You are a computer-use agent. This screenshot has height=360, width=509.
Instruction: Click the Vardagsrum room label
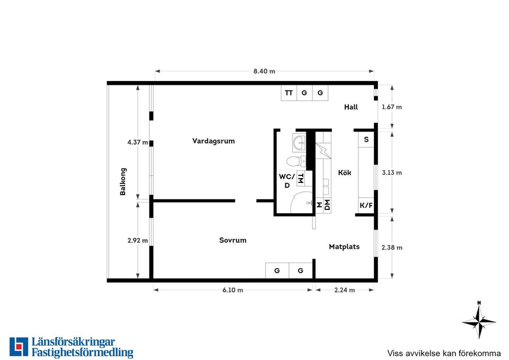tap(213, 141)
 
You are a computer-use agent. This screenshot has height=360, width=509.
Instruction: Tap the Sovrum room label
tap(233, 240)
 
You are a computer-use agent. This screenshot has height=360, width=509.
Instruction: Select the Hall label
tap(351, 107)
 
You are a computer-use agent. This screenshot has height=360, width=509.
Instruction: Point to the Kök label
tap(345, 172)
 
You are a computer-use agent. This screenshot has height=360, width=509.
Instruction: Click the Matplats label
tap(344, 247)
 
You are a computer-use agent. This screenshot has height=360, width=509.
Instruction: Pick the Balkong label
tap(122, 181)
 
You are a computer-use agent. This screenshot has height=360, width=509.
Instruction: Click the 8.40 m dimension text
tap(264, 71)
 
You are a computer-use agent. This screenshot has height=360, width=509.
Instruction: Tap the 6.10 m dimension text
tap(233, 290)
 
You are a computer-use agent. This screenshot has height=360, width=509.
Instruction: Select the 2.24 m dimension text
tap(345, 290)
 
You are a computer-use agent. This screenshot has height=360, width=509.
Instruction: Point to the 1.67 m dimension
tap(391, 107)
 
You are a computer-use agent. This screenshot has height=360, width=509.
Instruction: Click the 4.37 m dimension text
tap(138, 142)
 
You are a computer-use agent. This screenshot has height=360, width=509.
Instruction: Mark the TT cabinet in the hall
tap(289, 93)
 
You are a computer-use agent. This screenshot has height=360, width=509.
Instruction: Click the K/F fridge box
tap(366, 206)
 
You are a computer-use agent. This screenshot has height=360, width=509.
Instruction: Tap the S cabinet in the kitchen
tap(366, 139)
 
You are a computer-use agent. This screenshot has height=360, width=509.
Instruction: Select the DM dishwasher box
tap(327, 205)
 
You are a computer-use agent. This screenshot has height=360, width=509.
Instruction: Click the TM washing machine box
tap(301, 178)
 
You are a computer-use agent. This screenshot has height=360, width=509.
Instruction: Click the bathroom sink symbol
tap(299, 143)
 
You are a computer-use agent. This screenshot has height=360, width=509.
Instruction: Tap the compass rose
tap(479, 321)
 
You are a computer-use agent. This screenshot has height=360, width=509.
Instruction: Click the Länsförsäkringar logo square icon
tap(19, 347)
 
